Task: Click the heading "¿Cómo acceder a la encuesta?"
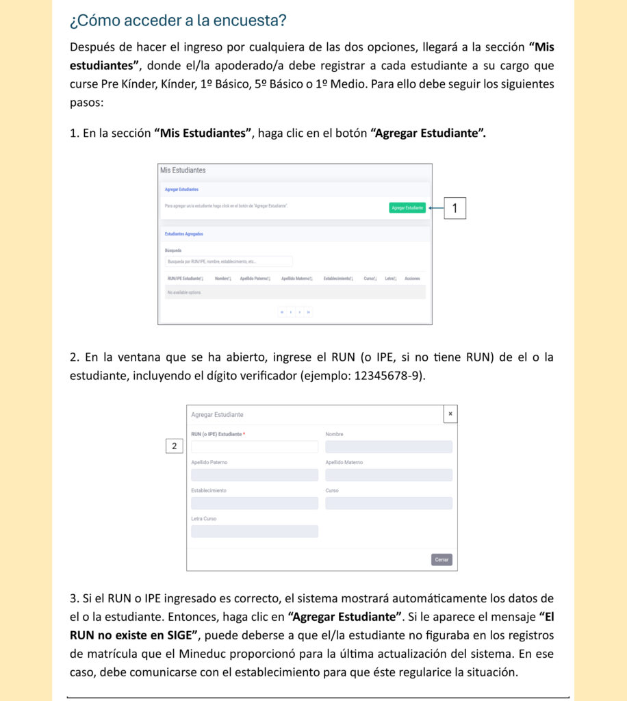(x=178, y=21)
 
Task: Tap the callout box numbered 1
(x=455, y=208)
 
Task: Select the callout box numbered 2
(x=175, y=446)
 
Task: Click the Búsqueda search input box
(x=229, y=262)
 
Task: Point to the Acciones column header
(x=412, y=279)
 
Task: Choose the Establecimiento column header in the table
(x=338, y=279)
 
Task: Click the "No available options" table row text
(x=184, y=292)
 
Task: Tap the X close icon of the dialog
(x=450, y=414)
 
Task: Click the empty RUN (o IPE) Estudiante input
(x=255, y=446)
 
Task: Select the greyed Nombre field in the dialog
(x=388, y=446)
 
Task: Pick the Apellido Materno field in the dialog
(x=388, y=475)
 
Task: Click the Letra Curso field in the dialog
(x=255, y=531)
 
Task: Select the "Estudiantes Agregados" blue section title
(x=183, y=234)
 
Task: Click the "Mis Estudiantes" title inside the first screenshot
(x=183, y=170)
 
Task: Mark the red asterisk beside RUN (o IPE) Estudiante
(x=244, y=435)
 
